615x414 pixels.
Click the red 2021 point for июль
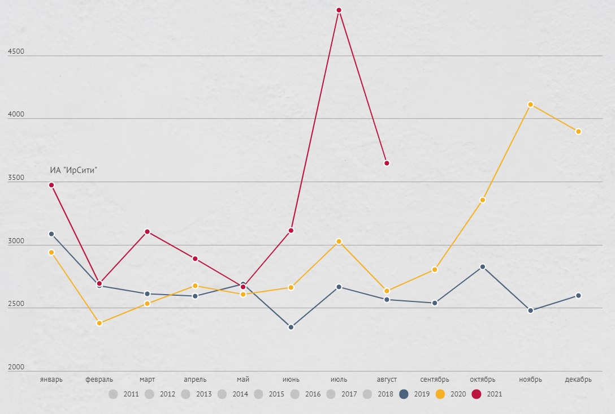[x=339, y=10]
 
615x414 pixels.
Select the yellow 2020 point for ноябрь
[x=530, y=105]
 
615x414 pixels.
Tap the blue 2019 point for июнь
[x=291, y=327]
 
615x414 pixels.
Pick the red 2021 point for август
[x=387, y=163]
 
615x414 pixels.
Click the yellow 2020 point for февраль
[x=99, y=323]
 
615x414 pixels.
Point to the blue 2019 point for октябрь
[x=482, y=267]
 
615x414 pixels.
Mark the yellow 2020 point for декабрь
[x=578, y=132]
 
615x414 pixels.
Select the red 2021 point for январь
[x=51, y=185]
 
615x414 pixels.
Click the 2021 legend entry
[x=487, y=394]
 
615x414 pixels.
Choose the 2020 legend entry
[x=451, y=394]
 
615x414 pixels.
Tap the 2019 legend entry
[x=414, y=394]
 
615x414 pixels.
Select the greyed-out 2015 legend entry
[x=268, y=394]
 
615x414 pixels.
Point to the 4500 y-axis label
[x=16, y=51]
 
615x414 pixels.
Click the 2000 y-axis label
[x=16, y=368]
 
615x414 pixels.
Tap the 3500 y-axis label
[x=16, y=178]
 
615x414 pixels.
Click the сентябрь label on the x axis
[x=435, y=379]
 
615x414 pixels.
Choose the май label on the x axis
[x=243, y=379]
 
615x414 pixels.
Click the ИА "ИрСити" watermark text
[x=73, y=170]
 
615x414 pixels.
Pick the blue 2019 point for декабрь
[x=578, y=295]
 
